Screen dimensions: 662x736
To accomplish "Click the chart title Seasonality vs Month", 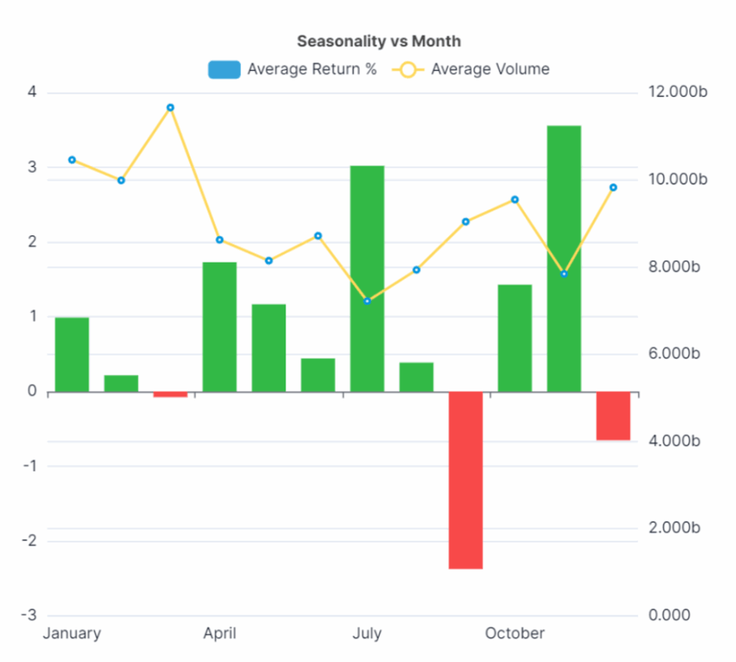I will (379, 41).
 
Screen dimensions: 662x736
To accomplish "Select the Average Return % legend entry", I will (292, 69).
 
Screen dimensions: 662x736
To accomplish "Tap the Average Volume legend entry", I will (471, 69).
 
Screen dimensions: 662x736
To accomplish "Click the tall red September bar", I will (466, 480).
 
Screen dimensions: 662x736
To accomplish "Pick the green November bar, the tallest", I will (563, 259).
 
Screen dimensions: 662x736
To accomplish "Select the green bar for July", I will (367, 279).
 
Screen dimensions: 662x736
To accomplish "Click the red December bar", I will (613, 416).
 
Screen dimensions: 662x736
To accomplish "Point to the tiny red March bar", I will (170, 394).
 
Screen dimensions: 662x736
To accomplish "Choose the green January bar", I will (72, 355).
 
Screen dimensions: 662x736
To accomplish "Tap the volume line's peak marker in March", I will (170, 108).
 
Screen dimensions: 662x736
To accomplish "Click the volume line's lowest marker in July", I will (367, 301).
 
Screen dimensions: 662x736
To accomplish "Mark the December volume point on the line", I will (613, 188).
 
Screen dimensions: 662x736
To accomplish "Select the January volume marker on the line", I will (72, 160).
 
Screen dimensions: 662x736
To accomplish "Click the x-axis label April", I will (219, 634).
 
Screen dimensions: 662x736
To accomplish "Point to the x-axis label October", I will (515, 634).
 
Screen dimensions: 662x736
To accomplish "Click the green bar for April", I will (219, 327).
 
